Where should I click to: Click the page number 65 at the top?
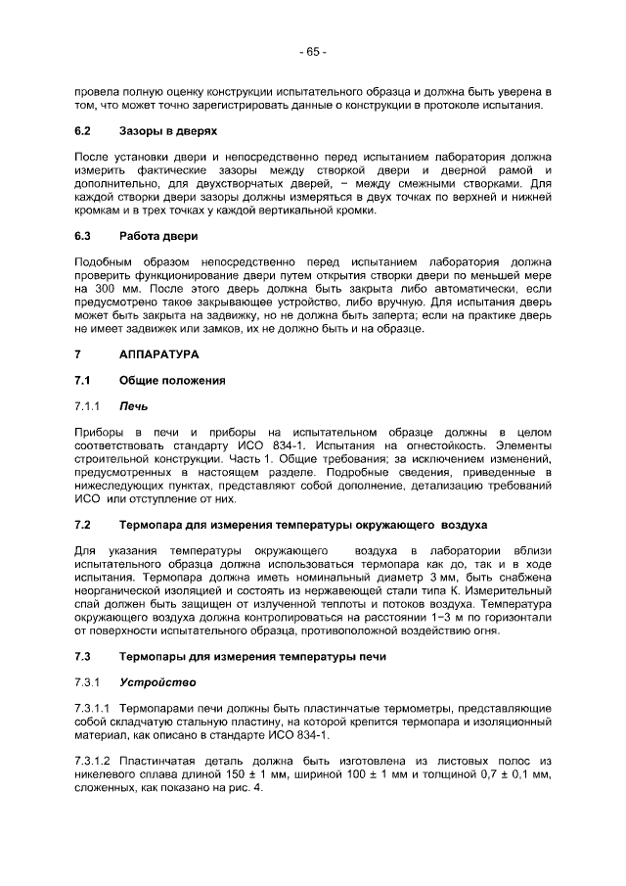pos(313,51)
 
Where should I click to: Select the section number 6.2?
pos(83,130)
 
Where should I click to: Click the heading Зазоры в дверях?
pos(167,130)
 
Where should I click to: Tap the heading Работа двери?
pos(157,236)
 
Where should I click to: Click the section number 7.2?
pos(83,525)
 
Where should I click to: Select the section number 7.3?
pos(83,655)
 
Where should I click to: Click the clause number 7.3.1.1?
pos(92,707)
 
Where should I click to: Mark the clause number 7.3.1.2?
pos(92,760)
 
